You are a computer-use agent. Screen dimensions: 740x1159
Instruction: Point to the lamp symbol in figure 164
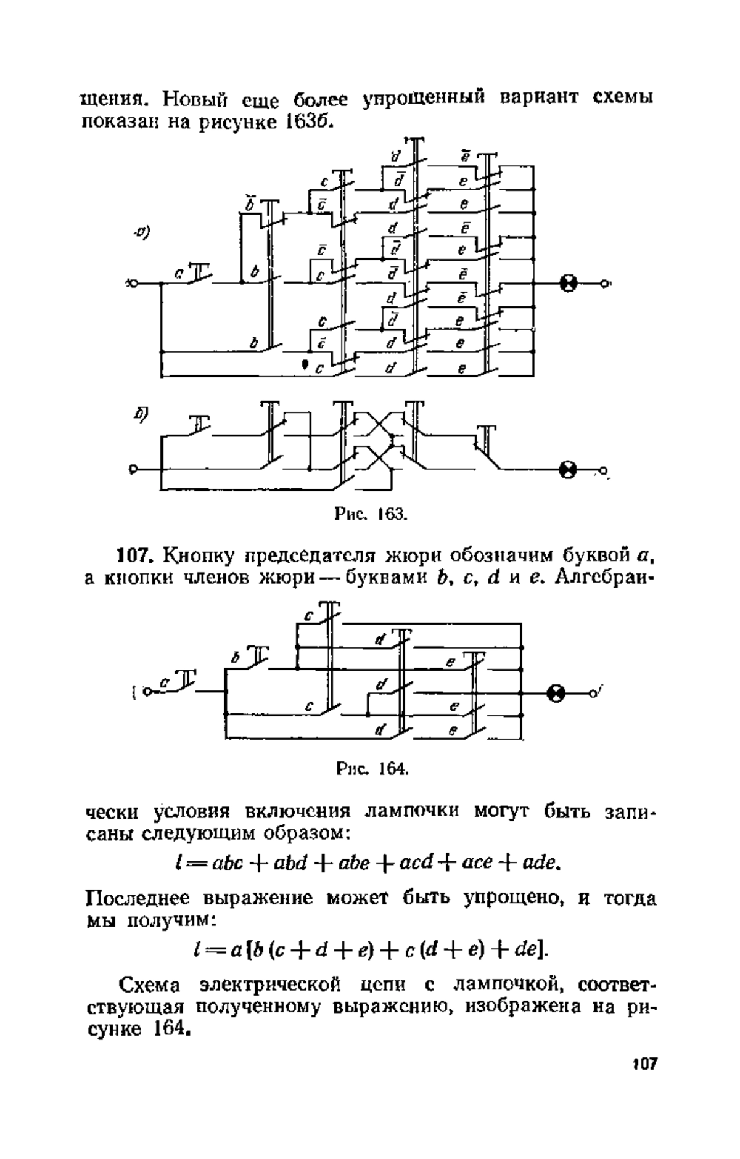click(x=556, y=693)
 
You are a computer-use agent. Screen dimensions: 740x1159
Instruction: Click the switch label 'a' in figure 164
click(x=164, y=682)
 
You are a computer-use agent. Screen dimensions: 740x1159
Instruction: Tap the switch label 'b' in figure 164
click(x=234, y=659)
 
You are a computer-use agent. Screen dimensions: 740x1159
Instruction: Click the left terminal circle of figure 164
click(x=147, y=692)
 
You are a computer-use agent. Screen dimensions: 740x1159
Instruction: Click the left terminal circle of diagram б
click(x=133, y=470)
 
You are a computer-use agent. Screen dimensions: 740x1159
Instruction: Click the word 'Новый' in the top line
click(x=192, y=99)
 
